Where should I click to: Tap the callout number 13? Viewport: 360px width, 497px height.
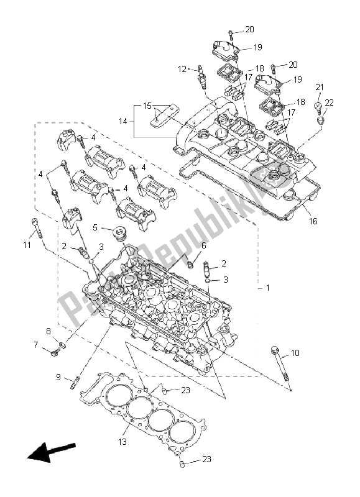point(124,442)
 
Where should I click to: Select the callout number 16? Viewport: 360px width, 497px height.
point(313,221)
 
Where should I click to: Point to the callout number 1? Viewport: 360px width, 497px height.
point(268,288)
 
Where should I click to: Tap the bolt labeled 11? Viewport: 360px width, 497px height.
point(37,230)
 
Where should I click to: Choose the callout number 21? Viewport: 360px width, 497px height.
point(320,86)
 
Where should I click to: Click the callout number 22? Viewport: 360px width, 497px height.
point(330,103)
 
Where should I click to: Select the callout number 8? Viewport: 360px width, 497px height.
point(48,331)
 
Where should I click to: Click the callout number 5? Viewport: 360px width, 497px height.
point(95,227)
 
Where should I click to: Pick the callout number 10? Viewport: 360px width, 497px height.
point(295,353)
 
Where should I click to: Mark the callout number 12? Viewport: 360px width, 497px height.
point(182,69)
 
